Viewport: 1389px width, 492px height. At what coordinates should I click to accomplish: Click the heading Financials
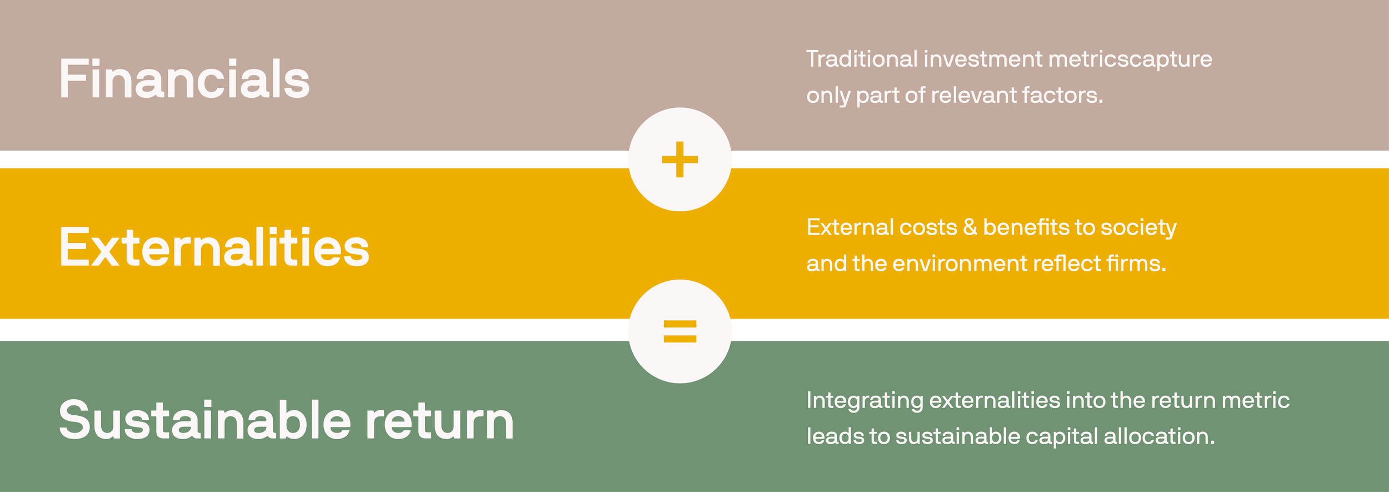(184, 79)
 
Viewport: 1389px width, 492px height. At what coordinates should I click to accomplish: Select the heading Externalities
(214, 247)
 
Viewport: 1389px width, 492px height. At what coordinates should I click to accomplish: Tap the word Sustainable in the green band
(204, 421)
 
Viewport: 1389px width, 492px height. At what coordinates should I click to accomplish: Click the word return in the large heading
(439, 421)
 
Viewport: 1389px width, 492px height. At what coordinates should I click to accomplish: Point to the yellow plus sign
(679, 160)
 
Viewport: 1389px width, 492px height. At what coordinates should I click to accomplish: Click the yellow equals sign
(679, 331)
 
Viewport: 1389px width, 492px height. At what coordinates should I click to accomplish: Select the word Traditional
(861, 59)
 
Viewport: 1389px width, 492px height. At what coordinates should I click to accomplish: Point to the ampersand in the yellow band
(970, 227)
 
